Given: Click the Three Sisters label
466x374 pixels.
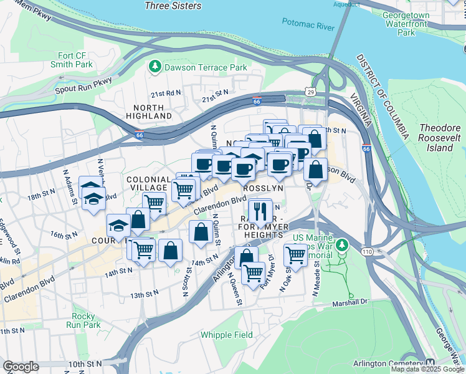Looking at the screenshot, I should (173, 6).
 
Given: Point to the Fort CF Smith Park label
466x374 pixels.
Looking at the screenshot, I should (75, 60).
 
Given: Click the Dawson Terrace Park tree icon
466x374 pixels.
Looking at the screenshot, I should (154, 65).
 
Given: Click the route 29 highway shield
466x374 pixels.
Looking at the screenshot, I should (310, 92).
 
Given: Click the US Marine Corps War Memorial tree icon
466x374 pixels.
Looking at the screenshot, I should (341, 246).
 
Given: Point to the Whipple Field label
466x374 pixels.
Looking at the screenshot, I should (227, 335).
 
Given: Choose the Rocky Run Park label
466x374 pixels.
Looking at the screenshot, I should (87, 320).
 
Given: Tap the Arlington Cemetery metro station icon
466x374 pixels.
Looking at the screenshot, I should (430, 363).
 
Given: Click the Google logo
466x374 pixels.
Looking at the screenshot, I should (21, 367).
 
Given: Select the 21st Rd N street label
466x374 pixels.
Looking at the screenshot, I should (165, 94).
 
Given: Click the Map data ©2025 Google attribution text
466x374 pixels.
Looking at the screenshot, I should (427, 369).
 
